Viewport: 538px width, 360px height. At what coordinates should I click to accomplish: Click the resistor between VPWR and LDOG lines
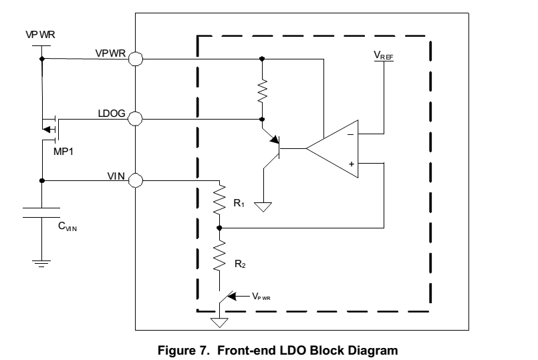pyautogui.click(x=262, y=89)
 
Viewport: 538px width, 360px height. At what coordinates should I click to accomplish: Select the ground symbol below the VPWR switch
pyautogui.click(x=219, y=323)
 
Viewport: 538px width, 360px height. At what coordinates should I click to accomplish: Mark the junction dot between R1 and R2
pyautogui.click(x=220, y=228)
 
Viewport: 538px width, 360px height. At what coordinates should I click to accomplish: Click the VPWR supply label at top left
pyautogui.click(x=40, y=33)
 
